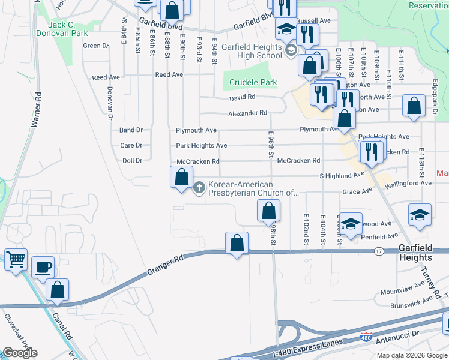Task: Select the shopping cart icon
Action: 16,259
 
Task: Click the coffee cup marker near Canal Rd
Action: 42,266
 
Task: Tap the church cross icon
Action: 199,188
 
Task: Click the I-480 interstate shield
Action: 367,337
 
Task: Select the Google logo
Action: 20,353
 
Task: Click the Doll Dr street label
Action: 132,161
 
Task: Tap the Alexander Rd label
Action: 247,113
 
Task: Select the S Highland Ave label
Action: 342,175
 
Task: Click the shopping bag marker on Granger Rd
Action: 237,243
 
